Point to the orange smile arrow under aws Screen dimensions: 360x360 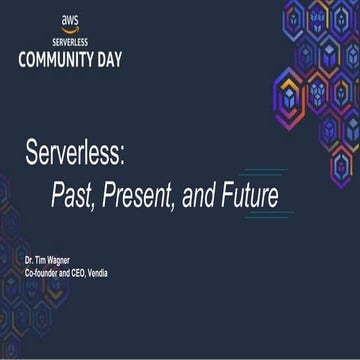(71, 29)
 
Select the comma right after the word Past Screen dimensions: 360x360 (92, 203)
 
